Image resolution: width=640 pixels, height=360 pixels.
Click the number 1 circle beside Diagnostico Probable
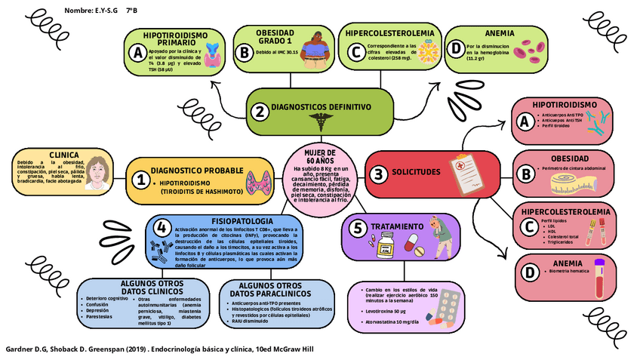[x=140, y=180]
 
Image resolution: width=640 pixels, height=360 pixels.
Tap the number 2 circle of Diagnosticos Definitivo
[x=260, y=111]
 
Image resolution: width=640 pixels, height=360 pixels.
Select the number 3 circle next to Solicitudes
[x=378, y=174]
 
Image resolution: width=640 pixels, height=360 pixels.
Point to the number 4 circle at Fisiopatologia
[x=161, y=228]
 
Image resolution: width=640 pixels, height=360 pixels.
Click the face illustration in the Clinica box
[x=97, y=173]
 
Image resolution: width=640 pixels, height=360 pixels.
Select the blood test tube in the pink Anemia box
[x=601, y=277]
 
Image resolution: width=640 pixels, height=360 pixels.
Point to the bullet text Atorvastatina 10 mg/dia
[x=392, y=322]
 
